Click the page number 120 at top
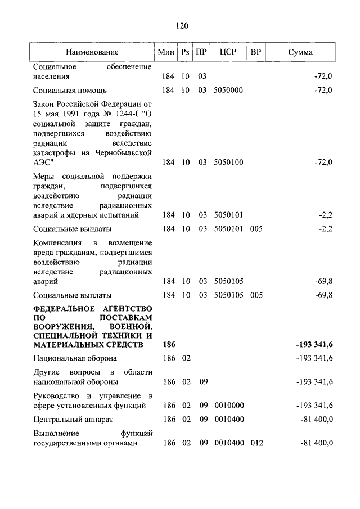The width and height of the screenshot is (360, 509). [181, 26]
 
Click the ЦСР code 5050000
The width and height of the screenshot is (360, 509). [228, 90]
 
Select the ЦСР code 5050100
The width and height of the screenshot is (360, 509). [228, 163]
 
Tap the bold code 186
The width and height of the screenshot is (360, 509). [166, 344]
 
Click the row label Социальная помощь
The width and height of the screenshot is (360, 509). [70, 90]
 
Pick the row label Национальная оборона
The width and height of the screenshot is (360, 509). [75, 358]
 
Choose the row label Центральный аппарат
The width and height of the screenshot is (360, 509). [73, 419]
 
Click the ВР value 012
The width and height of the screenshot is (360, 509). [256, 443]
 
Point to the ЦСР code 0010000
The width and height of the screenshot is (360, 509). [228, 405]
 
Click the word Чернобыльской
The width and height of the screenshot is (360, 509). [127, 152]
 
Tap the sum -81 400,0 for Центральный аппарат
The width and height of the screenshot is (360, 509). [316, 419]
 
